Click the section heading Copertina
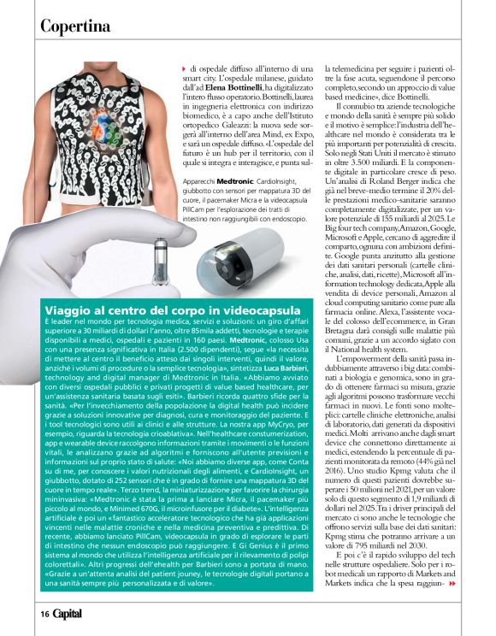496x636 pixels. pyautogui.click(x=75, y=26)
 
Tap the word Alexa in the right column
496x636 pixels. pyautogui.click(x=352, y=313)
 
